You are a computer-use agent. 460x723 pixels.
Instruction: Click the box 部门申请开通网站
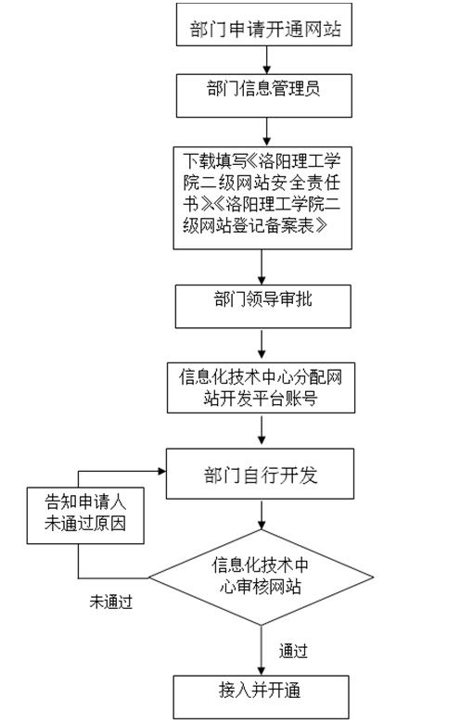pyautogui.click(x=264, y=24)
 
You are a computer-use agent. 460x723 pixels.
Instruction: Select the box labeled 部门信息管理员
pyautogui.click(x=264, y=95)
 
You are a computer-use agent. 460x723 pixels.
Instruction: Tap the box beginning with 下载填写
pyautogui.click(x=262, y=198)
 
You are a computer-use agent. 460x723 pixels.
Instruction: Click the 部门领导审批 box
pyautogui.click(x=263, y=307)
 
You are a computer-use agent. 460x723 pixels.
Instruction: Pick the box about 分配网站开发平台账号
pyautogui.click(x=262, y=387)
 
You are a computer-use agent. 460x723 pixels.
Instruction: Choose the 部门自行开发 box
pyautogui.click(x=261, y=474)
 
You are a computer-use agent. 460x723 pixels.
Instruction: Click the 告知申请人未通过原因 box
pyautogui.click(x=85, y=515)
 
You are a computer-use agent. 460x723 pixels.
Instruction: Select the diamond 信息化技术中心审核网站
pyautogui.click(x=262, y=577)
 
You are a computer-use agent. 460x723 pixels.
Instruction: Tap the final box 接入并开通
pyautogui.click(x=262, y=697)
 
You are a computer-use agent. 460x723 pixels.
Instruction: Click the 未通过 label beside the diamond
pyautogui.click(x=111, y=602)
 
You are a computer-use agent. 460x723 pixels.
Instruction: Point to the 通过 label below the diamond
pyautogui.click(x=293, y=651)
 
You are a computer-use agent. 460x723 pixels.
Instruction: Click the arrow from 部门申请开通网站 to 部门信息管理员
pyautogui.click(x=267, y=60)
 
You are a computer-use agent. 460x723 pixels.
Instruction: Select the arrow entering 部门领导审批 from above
pyautogui.click(x=262, y=267)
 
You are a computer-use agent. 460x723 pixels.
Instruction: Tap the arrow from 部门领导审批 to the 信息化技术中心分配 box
pyautogui.click(x=262, y=344)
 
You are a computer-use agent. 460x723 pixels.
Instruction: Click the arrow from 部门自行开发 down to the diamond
pyautogui.click(x=262, y=514)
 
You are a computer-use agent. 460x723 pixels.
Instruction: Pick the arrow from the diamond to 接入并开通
pyautogui.click(x=262, y=650)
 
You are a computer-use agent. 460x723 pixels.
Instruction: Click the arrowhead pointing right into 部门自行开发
pyautogui.click(x=162, y=471)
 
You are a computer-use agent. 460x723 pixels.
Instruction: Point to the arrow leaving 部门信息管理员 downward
pyautogui.click(x=267, y=132)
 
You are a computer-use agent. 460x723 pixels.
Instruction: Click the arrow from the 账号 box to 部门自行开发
pyautogui.click(x=262, y=430)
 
